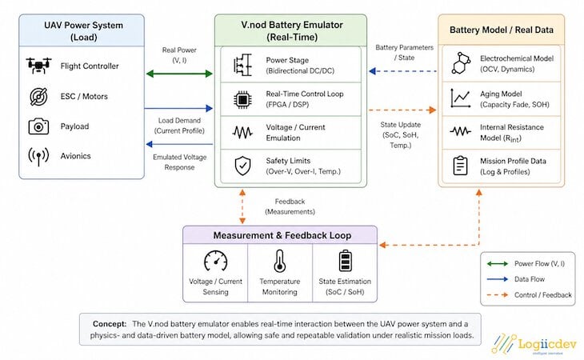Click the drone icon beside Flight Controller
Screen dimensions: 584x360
[38, 66]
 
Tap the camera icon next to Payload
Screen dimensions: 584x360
[38, 126]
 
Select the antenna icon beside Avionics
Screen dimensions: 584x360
[38, 156]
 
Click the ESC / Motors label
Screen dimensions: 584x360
[84, 97]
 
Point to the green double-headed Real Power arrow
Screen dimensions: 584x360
[179, 74]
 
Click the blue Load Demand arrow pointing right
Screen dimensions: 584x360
[178, 108]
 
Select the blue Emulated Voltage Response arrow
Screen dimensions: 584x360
[179, 144]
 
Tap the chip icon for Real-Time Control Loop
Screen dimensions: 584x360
[242, 99]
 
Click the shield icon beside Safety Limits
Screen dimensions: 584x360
[243, 166]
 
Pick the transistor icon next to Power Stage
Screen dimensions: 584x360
[242, 65]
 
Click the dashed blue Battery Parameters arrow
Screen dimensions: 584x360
[402, 71]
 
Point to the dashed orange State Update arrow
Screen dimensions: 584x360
[402, 110]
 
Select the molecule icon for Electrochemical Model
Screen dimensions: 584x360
[461, 63]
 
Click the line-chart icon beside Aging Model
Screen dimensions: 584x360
[460, 98]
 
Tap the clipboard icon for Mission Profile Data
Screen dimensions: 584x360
[460, 166]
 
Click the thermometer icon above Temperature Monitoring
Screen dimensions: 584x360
[280, 261]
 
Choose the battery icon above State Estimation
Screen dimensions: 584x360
[345, 261]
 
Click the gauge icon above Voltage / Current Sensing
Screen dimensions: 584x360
[216, 261]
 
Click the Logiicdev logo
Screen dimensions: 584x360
[534, 344]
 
